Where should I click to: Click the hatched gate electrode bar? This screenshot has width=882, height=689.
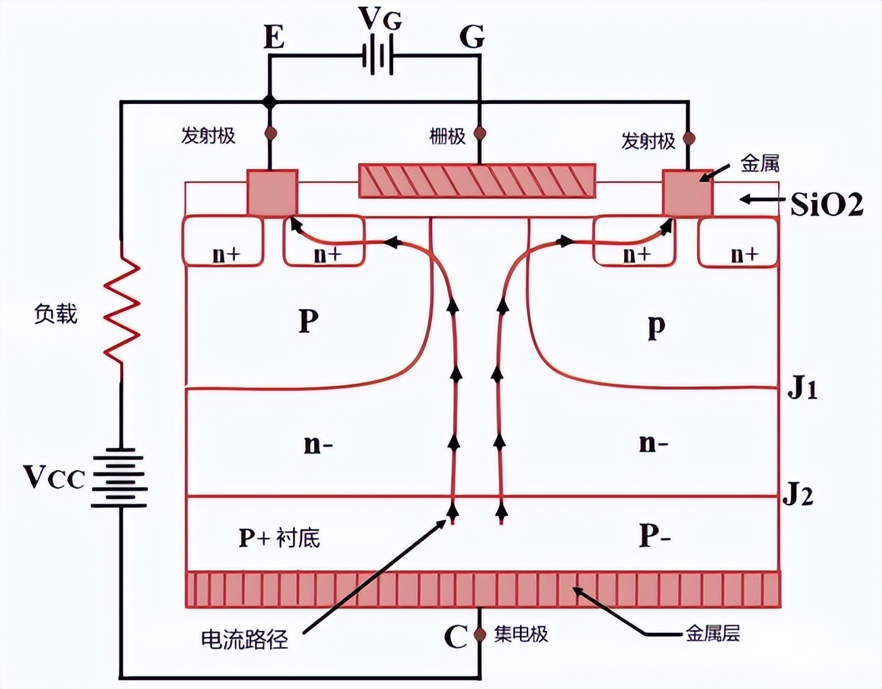477,180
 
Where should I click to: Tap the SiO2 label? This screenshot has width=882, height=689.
827,203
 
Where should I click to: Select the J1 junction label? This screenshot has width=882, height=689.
802,390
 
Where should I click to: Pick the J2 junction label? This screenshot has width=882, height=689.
798,496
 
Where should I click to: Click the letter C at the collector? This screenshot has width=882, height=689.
456,636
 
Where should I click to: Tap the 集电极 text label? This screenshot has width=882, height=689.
521,634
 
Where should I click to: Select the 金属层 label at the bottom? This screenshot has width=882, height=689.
712,633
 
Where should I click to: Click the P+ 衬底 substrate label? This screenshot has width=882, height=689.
279,538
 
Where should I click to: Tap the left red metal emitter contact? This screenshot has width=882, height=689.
273,193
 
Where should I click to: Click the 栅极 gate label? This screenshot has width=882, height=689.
447,136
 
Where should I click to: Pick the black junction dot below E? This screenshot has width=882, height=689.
269,103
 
